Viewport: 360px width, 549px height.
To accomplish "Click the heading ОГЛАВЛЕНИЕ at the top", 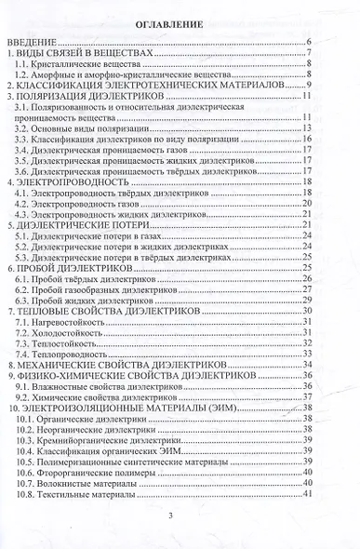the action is (180, 23).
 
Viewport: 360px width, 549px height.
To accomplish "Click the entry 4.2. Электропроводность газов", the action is (85, 204).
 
